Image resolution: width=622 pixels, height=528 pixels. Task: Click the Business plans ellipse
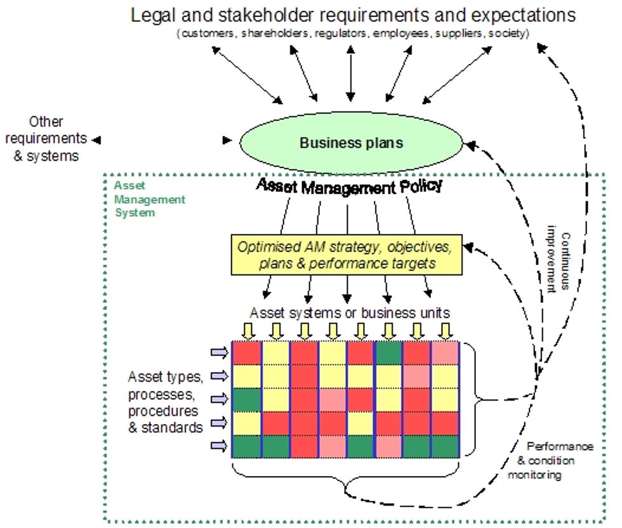351,143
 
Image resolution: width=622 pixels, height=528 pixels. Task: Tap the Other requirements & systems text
48,138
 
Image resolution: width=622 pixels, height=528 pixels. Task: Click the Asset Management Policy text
349,186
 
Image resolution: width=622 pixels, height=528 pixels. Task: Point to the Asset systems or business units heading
350,312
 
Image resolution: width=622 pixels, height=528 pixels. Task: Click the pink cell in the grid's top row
445,352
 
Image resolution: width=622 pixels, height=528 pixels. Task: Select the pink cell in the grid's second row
416,376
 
